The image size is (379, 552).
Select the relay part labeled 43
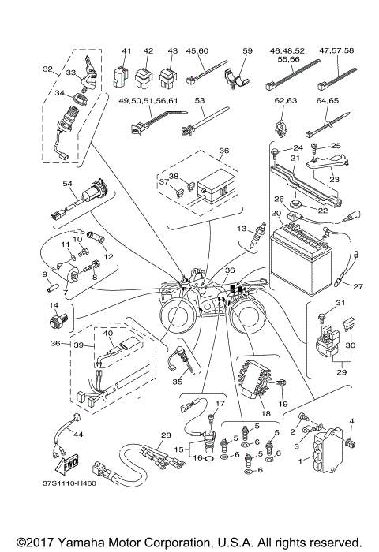[167, 80]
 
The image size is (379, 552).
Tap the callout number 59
[246, 50]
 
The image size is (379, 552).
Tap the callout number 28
[165, 435]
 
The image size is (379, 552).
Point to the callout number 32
[47, 69]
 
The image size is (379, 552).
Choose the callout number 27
[357, 286]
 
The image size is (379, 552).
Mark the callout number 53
[198, 102]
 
